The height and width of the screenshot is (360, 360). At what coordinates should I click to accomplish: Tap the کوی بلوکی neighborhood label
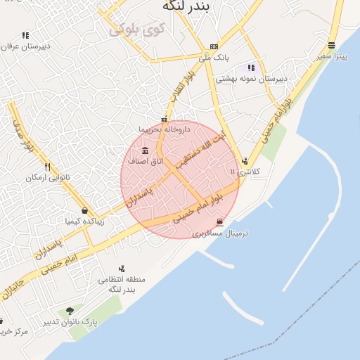pyautogui.click(x=136, y=30)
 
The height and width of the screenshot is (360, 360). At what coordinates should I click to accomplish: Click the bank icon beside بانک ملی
pyautogui.click(x=214, y=46)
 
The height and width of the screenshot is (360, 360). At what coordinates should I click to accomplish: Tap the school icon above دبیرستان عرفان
pyautogui.click(x=25, y=35)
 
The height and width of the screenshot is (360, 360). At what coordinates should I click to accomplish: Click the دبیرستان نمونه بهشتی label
pyautogui.click(x=251, y=79)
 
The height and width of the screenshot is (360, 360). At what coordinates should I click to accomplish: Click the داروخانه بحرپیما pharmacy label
pyautogui.click(x=164, y=129)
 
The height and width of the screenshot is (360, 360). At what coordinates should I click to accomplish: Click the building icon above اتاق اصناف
pyautogui.click(x=146, y=150)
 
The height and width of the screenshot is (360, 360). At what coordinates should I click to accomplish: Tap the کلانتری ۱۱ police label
pyautogui.click(x=245, y=171)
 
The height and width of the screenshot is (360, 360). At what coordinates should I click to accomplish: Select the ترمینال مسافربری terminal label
pyautogui.click(x=217, y=232)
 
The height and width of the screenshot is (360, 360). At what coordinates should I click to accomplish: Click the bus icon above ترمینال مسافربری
pyautogui.click(x=220, y=222)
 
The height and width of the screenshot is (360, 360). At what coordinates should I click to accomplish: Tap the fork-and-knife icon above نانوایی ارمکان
pyautogui.click(x=48, y=167)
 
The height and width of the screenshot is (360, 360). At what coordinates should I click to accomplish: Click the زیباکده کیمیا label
pyautogui.click(x=84, y=221)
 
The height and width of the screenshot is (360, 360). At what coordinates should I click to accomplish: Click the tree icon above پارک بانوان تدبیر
pyautogui.click(x=69, y=310)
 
